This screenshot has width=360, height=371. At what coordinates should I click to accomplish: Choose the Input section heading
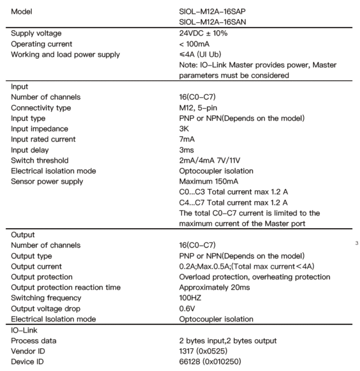tap(21, 86)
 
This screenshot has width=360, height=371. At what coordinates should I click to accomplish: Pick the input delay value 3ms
tap(187, 150)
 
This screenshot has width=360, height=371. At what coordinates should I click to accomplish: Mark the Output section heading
tap(23, 235)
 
